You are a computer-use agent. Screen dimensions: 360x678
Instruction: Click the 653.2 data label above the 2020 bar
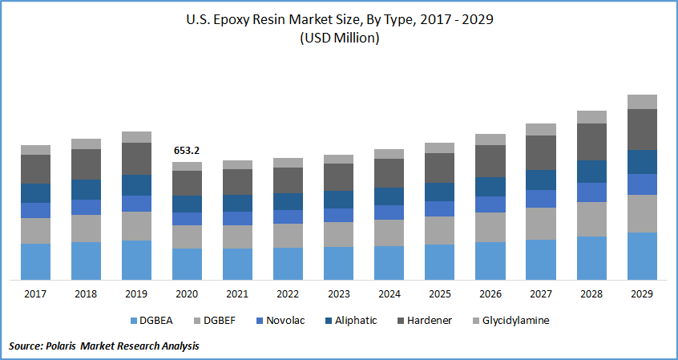pos(187,150)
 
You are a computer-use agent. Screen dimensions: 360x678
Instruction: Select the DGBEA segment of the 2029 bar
pos(642,256)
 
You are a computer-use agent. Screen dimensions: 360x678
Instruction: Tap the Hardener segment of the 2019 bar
pos(136,159)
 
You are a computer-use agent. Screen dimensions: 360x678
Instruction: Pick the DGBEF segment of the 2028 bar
pos(591,219)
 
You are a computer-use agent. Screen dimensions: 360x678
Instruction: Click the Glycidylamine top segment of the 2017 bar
pos(35,150)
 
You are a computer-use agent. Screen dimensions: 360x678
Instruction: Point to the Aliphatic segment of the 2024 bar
pos(389,196)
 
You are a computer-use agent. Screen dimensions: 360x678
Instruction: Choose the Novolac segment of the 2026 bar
pos(490,204)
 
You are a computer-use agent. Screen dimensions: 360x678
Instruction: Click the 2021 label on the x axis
pos(236,294)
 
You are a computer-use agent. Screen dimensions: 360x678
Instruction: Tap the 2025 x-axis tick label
pos(439,294)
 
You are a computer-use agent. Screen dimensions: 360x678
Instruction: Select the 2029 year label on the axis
pos(641,294)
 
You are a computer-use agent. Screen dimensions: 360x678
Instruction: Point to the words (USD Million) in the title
pos(338,38)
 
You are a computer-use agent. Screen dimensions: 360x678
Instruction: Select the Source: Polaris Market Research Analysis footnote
pos(104,346)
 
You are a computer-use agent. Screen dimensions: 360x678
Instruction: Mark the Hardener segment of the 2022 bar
pos(288,180)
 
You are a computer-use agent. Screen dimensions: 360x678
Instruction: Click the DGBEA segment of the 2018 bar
pos(86,261)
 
